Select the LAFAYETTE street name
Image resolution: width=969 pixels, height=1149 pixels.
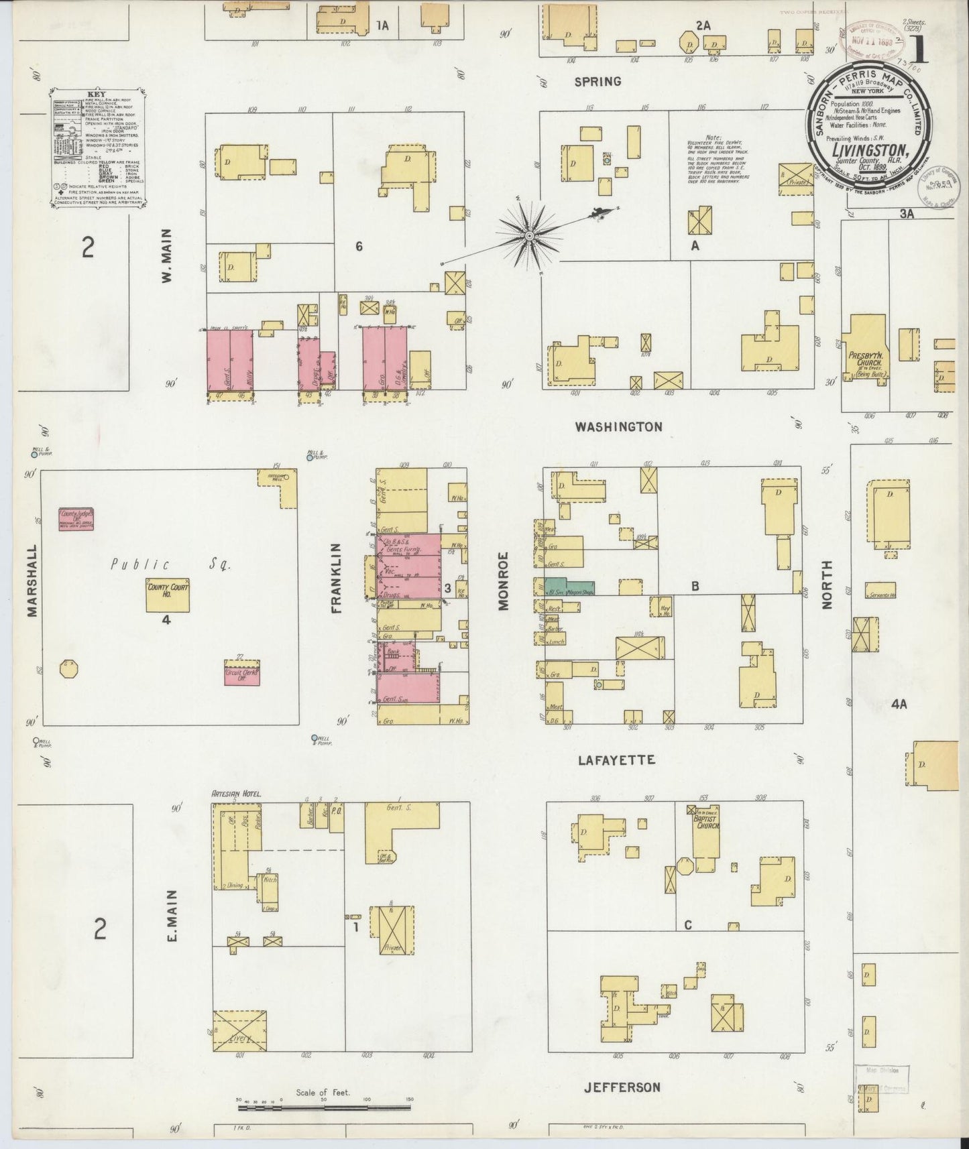[616, 760]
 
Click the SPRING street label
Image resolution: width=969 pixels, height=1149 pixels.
[597, 82]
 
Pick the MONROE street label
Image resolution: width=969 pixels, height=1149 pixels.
[504, 581]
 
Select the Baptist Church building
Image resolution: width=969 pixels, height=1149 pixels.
[706, 831]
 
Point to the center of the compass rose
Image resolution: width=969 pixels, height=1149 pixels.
[530, 235]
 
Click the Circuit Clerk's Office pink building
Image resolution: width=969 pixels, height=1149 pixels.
[242, 673]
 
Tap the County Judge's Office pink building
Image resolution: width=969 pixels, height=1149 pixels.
[76, 520]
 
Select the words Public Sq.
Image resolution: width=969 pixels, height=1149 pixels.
[170, 565]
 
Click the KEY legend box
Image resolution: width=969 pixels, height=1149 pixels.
[98, 151]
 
